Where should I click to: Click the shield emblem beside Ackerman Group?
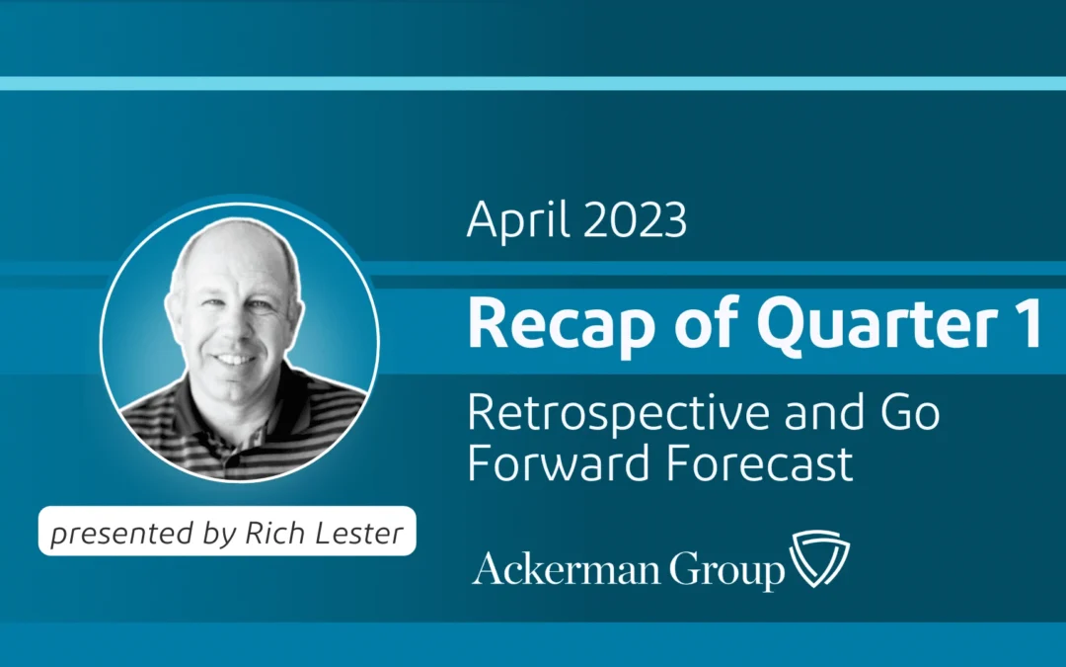tap(820, 560)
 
